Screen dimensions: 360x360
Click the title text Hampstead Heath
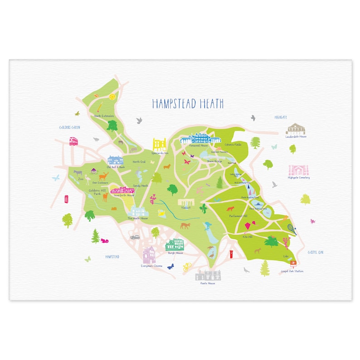coord(188,104)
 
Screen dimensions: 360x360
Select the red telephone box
coord(67,199)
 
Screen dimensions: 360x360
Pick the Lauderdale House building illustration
coord(296,128)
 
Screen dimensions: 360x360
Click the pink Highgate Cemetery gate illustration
coord(299,170)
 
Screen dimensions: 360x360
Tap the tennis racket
coord(292,229)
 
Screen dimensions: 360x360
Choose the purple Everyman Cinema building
coord(150,255)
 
